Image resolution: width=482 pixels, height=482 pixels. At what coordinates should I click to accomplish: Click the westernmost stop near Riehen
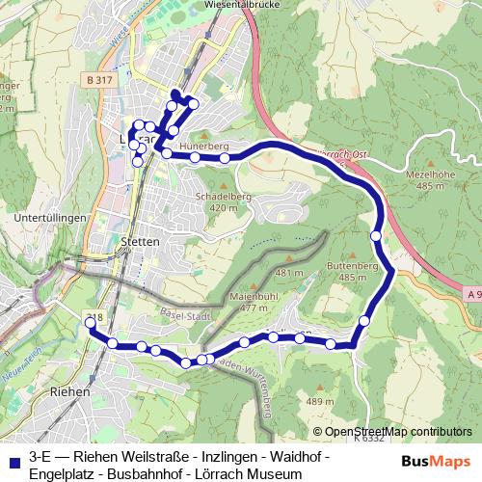[91, 324]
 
